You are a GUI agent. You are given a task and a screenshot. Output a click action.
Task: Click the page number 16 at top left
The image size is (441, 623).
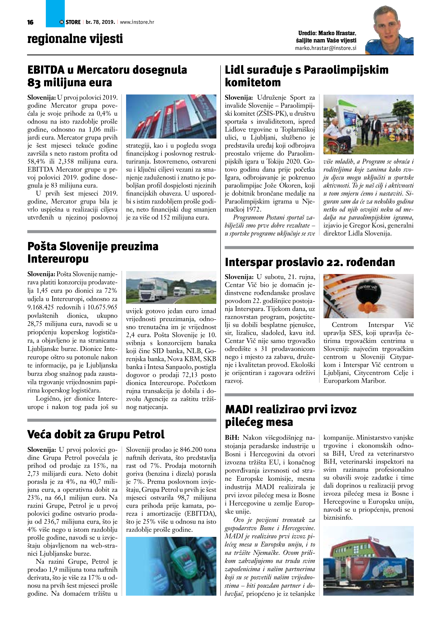[x=30, y=22]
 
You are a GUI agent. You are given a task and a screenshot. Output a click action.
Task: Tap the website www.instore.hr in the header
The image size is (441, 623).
[x=137, y=22]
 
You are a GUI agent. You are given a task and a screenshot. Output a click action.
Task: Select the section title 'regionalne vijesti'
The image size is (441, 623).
[x=75, y=39]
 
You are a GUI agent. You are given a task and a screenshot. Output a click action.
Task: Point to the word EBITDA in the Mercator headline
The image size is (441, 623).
[x=46, y=70]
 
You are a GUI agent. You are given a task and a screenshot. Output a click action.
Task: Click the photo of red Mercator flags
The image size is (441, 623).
[x=171, y=116]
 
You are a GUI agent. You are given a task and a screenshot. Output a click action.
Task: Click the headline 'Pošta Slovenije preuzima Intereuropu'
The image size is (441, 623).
[x=93, y=252]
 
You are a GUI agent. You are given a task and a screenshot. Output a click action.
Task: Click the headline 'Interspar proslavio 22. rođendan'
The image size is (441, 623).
[x=310, y=262]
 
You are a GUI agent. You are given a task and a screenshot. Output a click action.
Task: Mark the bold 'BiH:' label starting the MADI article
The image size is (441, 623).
[x=232, y=438]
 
